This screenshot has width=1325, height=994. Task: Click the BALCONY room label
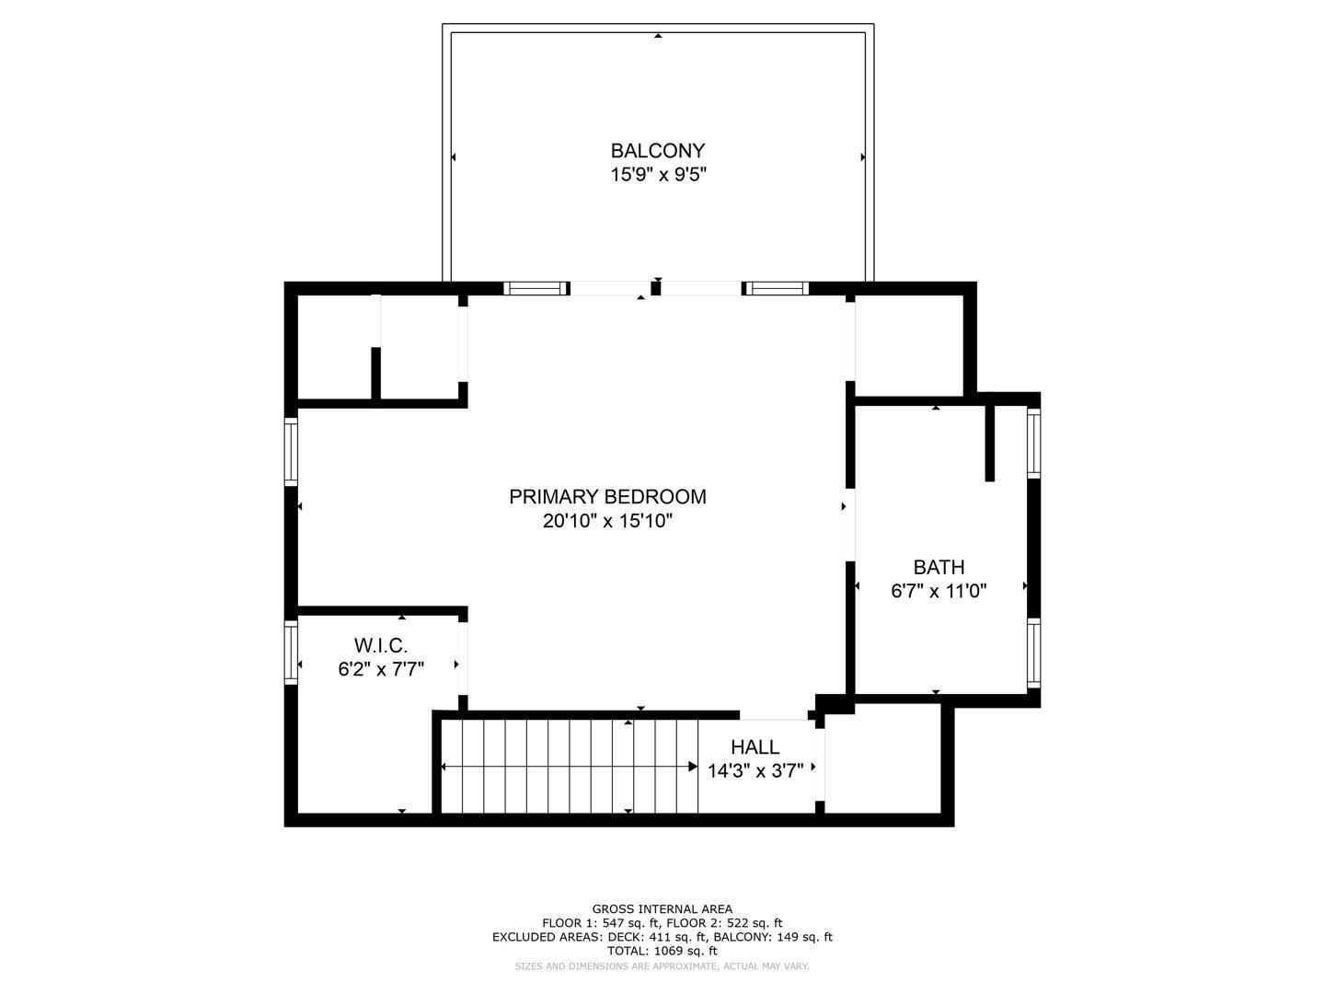click(x=657, y=150)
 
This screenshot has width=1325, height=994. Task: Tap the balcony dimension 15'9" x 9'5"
click(x=657, y=175)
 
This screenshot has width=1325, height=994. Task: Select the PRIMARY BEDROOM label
click(x=607, y=497)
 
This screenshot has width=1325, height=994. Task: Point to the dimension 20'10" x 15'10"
click(x=607, y=522)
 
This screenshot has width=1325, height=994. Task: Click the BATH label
click(x=939, y=568)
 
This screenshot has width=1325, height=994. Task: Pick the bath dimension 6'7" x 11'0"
click(x=939, y=592)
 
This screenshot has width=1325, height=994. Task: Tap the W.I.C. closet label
click(x=381, y=645)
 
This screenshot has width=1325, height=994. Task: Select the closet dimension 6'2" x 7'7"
click(x=381, y=669)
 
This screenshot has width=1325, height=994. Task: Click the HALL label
click(x=755, y=747)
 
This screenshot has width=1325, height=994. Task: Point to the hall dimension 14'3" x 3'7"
click(x=755, y=771)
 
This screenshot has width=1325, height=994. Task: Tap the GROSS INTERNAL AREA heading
click(x=662, y=909)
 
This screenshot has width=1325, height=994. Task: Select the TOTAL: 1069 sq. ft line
click(x=662, y=951)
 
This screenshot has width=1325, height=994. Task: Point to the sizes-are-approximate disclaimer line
click(x=662, y=966)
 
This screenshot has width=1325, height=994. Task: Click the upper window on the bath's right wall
click(x=1033, y=443)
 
